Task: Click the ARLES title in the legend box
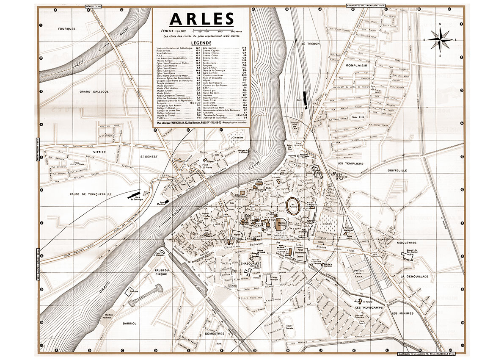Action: point(201,19)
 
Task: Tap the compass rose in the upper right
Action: point(440,39)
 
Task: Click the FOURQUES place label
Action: point(67,29)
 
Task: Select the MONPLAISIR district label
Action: point(357,66)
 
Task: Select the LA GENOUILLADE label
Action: point(415,276)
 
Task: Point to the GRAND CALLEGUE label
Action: point(94,91)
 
